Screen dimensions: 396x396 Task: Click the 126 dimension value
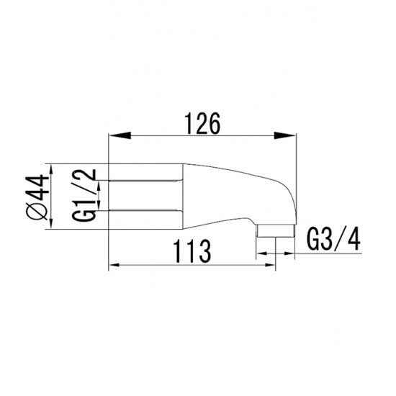pos(202,124)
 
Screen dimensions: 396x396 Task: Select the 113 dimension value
pos(192,251)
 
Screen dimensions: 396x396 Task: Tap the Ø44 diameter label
pos(37,197)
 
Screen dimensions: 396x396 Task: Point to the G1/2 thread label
pos(84,195)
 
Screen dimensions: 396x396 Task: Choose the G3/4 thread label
pos(333,240)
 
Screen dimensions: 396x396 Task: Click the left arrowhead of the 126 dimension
pos(120,135)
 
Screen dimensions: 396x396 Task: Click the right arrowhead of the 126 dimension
pos(285,135)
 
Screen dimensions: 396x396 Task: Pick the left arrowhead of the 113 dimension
pos(114,265)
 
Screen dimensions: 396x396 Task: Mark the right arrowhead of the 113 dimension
pos(269,265)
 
